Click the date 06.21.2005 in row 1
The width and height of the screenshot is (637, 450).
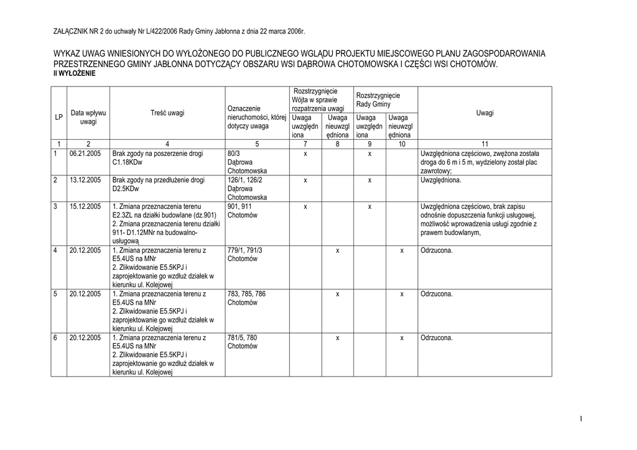[85, 154]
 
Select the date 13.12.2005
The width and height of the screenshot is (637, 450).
[85, 180]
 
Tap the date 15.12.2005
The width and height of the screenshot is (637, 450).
[85, 206]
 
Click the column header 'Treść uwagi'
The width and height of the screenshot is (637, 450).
[167, 113]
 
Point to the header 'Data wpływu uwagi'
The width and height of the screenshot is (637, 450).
[88, 117]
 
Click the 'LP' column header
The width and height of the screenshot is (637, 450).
[58, 117]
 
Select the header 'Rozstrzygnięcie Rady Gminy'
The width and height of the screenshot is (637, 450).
[378, 99]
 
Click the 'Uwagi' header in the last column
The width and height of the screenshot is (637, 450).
[485, 113]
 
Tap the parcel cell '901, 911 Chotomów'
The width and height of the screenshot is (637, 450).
[239, 211]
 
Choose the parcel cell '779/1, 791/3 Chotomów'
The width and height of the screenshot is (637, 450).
[244, 254]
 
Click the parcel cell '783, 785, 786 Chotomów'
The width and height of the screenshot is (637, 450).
[246, 298]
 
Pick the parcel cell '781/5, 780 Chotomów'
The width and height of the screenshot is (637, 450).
[242, 342]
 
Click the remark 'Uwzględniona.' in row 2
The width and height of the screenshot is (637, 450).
[441, 180]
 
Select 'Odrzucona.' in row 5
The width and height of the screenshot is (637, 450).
[437, 294]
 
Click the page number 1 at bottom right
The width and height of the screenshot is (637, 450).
[580, 419]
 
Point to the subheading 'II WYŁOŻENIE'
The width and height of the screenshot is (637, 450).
[75, 73]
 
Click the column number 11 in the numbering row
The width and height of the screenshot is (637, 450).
[485, 144]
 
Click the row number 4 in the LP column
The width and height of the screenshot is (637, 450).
[55, 250]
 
